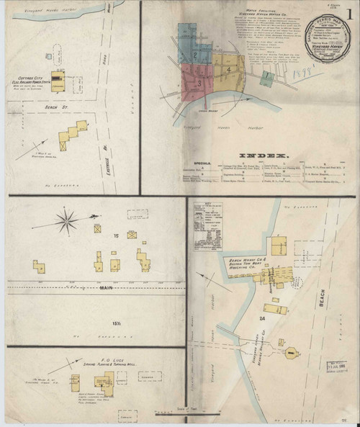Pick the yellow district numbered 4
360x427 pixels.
point(228,70)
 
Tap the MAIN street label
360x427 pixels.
point(107,290)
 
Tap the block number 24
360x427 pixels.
point(254,318)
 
